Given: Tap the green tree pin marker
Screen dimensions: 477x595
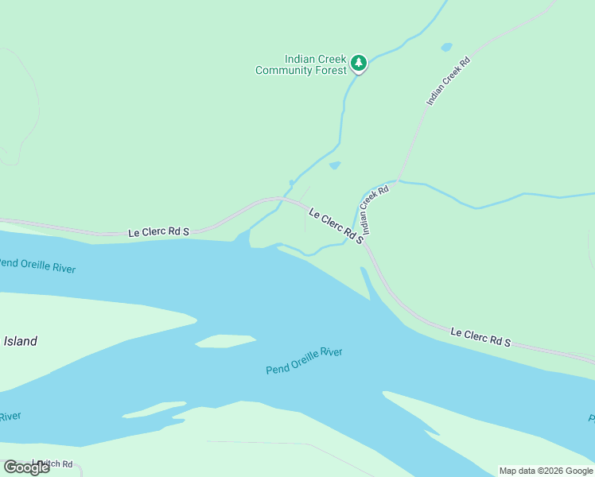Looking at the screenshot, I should tap(359, 63).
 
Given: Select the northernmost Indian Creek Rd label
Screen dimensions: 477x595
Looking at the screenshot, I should tap(449, 82).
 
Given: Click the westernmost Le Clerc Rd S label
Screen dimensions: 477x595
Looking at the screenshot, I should tap(159, 232).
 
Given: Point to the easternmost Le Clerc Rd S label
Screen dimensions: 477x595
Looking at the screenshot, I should tap(480, 336).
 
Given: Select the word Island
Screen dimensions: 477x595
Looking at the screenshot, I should tap(20, 341).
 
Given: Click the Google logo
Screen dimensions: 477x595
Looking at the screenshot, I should tap(26, 467).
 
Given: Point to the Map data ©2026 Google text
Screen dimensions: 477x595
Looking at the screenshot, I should tap(546, 471).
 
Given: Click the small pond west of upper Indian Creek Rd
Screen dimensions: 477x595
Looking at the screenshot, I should tap(446, 47).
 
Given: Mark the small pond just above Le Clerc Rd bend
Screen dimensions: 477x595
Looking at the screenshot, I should tap(335, 165).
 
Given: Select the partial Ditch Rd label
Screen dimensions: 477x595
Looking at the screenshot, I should tap(52, 464).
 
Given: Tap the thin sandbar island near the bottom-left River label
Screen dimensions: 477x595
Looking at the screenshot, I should tap(154, 409).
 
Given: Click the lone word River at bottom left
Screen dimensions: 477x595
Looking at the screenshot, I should tap(10, 417).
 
